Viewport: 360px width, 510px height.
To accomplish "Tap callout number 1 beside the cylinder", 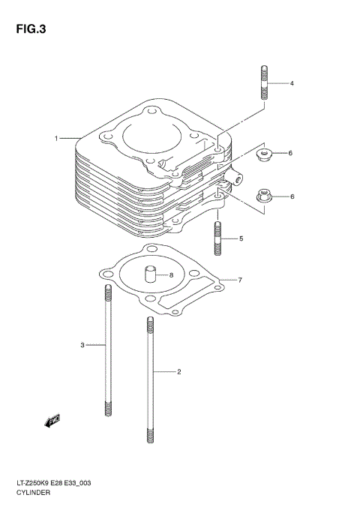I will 56,139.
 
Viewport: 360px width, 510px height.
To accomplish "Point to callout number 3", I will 83,345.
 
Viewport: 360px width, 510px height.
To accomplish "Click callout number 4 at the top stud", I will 292,83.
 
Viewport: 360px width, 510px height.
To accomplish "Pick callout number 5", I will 241,239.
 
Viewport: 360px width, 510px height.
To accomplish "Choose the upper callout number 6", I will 290,154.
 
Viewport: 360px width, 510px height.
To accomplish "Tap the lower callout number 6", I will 292,196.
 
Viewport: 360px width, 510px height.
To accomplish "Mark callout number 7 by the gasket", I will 239,280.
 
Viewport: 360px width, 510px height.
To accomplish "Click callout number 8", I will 171,275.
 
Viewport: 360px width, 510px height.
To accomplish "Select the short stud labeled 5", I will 218,238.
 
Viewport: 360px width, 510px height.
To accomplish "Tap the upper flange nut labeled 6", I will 263,155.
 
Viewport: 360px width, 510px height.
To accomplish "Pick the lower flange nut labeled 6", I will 263,197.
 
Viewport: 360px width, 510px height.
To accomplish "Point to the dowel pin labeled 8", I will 150,272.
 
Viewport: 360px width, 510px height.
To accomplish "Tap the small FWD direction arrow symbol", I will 52,421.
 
